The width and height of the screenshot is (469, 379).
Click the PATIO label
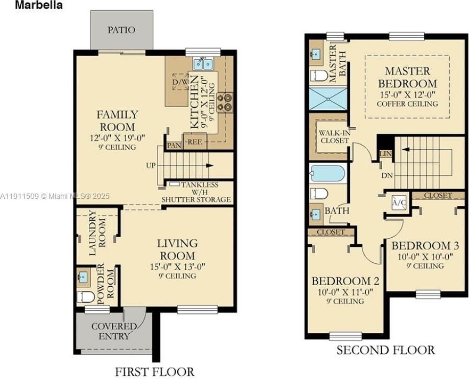click(121, 30)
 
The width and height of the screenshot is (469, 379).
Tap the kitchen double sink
click(203, 63)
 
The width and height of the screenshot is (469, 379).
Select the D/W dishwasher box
click(180, 82)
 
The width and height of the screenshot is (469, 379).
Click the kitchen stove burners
click(225, 102)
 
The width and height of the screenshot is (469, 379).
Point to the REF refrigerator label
click(194, 142)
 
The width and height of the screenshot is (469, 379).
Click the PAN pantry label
click(174, 146)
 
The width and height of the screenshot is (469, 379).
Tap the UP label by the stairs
click(151, 165)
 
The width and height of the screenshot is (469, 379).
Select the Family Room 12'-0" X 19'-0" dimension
click(118, 138)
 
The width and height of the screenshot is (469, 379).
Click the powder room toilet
click(86, 296)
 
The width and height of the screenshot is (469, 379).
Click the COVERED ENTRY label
click(114, 331)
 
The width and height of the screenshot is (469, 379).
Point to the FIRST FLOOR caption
click(155, 372)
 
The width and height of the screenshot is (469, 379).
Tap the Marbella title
click(39, 5)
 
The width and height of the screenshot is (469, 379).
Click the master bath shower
click(328, 99)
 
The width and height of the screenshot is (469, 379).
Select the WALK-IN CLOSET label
click(334, 136)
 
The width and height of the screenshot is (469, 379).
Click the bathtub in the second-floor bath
click(327, 173)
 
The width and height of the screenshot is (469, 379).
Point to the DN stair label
click(387, 175)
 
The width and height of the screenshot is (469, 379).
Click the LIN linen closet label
click(385, 154)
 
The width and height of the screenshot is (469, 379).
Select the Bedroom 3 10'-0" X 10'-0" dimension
click(425, 257)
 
